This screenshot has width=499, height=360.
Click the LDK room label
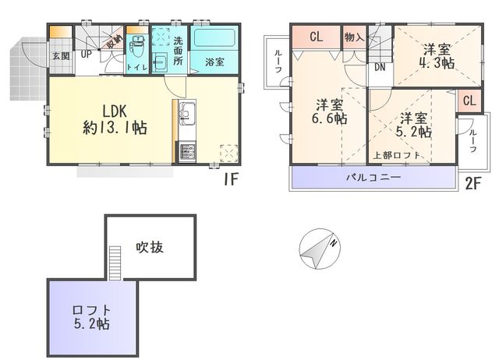pos(115,119)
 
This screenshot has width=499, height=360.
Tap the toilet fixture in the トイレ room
pos(138,47)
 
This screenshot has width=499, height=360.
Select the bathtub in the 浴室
pos(214,37)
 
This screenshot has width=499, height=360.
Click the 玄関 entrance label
pos(61,56)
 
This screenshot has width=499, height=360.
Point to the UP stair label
pos(86,54)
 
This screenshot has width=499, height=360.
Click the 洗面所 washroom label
pos(178,51)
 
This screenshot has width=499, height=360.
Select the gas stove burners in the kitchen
pos(187,152)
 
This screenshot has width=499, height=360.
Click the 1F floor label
pos(231,179)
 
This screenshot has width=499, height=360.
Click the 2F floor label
pos(473,183)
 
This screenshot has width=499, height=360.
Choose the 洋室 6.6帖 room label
pos(329,111)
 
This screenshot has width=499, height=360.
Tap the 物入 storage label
pos(354,37)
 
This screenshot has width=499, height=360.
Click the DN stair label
pos(380,67)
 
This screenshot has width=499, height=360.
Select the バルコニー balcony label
pos(373,177)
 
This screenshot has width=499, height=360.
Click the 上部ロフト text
pos(397,155)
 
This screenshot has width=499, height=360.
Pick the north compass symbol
pos(320,249)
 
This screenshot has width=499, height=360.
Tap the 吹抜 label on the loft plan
pos(150,247)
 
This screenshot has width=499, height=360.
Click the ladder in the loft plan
pos(115,263)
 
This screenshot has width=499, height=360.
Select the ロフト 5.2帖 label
pos(92,317)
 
